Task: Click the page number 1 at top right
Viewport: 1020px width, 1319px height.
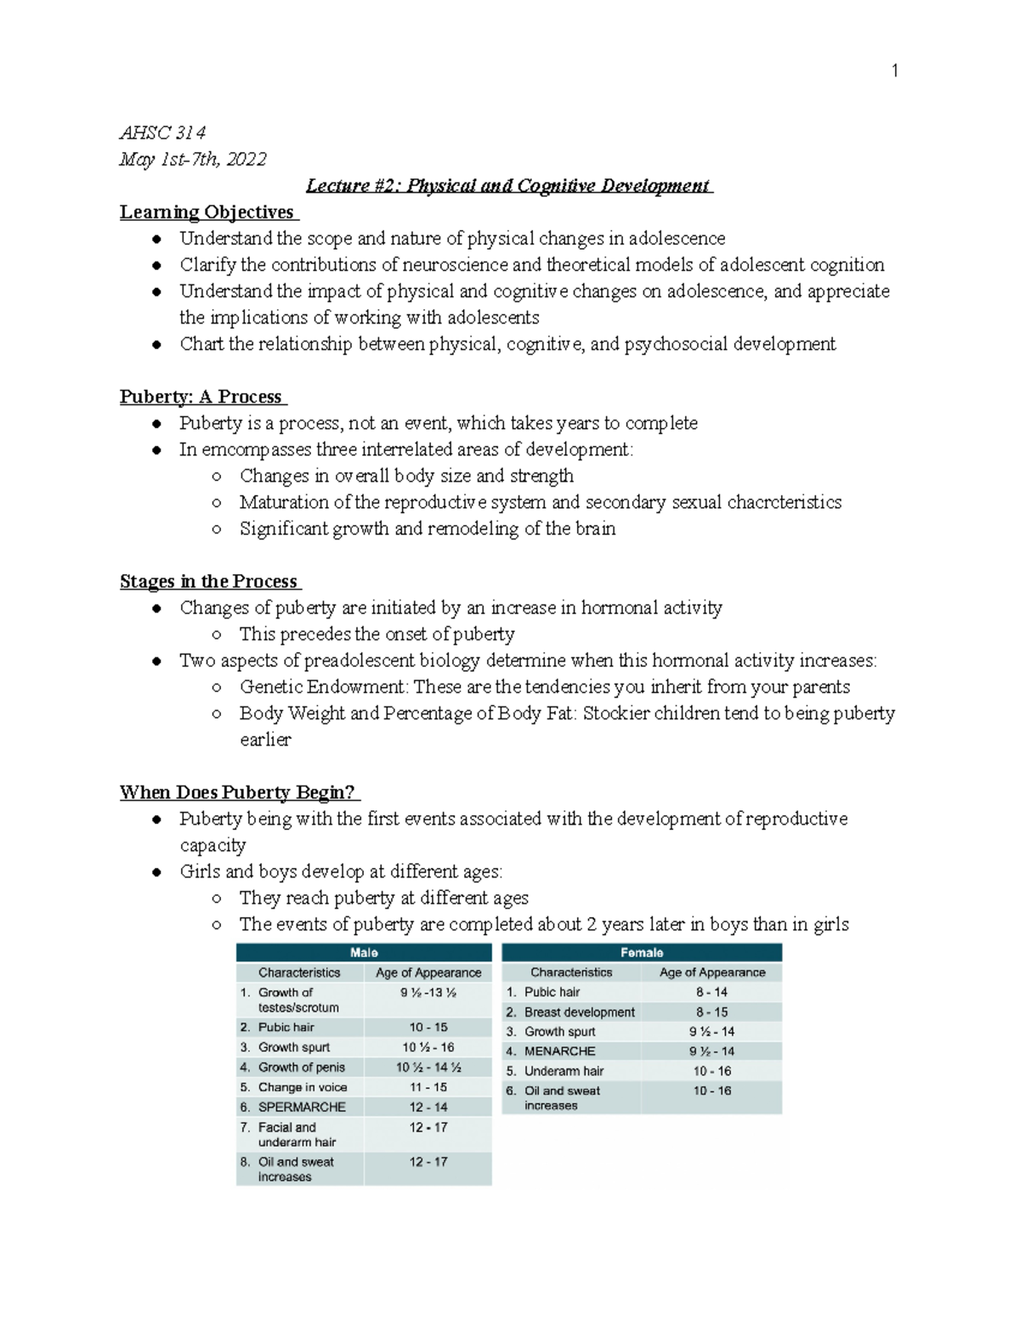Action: (x=894, y=70)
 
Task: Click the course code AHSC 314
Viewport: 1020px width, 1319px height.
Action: (x=162, y=132)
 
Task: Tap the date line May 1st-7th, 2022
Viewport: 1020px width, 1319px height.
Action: (x=193, y=159)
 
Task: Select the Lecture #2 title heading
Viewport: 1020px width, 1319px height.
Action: (x=508, y=185)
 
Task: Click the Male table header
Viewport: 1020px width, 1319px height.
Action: (x=364, y=952)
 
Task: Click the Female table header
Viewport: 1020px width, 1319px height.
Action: (x=642, y=952)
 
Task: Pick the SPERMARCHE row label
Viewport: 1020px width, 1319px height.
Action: (x=302, y=1107)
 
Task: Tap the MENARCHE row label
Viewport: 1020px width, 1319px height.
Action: (x=559, y=1051)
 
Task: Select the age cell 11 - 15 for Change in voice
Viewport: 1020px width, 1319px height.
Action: (x=428, y=1087)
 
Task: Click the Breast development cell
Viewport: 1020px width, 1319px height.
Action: (x=579, y=1012)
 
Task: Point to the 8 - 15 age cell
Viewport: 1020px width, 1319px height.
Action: (x=711, y=1012)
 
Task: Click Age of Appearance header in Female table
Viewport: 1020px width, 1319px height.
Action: (x=711, y=972)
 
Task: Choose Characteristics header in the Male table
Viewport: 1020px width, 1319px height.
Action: (x=299, y=972)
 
